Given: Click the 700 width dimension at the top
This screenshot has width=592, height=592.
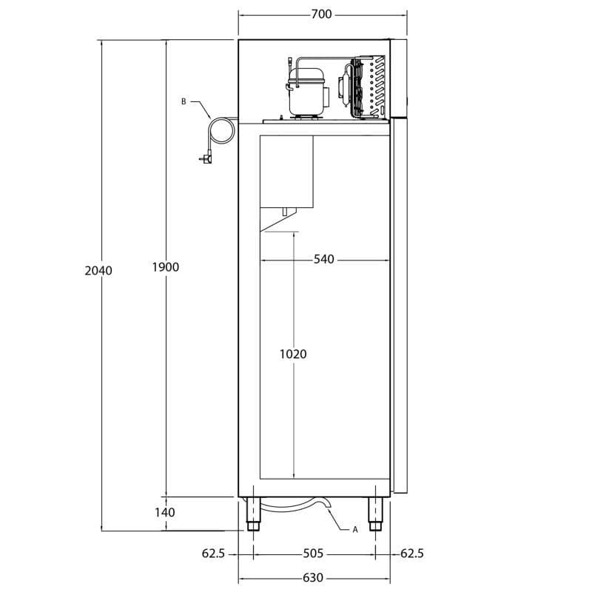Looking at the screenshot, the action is pos(321,14).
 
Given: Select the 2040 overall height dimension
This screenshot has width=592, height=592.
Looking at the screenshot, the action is pos(98,271).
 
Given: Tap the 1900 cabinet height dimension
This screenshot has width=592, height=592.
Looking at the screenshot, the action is pos(165,267).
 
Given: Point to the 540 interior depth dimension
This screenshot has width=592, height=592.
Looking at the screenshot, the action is pos(324,260).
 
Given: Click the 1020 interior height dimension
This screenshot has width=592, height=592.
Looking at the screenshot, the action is pos(293,354).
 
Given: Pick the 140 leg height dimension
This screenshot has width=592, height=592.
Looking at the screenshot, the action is pos(165,512).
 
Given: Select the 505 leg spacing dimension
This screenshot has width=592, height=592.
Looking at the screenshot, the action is pos(313,554).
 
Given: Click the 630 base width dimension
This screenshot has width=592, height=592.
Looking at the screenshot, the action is pos(313,578).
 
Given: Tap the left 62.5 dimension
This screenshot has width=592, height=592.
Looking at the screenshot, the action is pos(213,554).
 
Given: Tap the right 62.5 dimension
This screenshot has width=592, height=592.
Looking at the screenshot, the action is pos(412,554).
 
